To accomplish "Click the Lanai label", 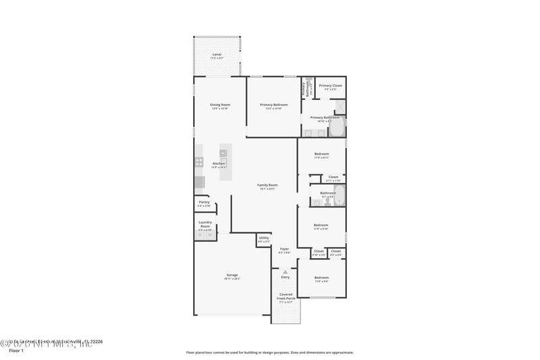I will (x=217, y=54).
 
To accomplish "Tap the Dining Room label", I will (x=220, y=105).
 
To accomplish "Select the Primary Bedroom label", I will (x=274, y=105).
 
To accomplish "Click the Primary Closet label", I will (x=331, y=86).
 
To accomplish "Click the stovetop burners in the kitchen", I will (x=199, y=162).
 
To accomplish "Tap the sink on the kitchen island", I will (x=223, y=162).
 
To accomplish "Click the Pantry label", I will (x=204, y=202).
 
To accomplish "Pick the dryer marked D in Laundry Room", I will (x=200, y=235).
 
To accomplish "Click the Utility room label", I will (x=264, y=238).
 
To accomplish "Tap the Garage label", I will (x=232, y=275).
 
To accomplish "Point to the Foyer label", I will (x=285, y=249).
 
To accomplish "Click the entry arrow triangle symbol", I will (x=285, y=272).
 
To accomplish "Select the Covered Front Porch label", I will (x=286, y=298).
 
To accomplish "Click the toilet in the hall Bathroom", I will (x=317, y=201).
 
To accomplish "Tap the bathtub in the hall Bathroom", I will (x=339, y=197).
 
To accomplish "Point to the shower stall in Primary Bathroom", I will (x=340, y=106).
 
